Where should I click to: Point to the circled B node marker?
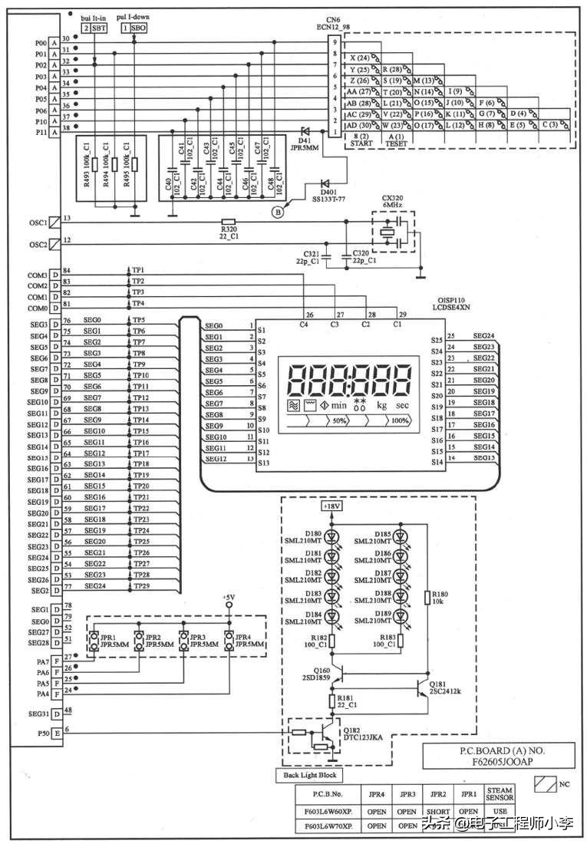(279, 213)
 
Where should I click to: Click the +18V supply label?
(331, 508)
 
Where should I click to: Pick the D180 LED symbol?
(331, 536)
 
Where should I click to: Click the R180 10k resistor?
(426, 598)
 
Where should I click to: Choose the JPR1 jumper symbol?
(95, 641)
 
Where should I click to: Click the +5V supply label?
(228, 597)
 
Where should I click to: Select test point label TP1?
(138, 270)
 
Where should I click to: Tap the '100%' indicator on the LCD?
(400, 421)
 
